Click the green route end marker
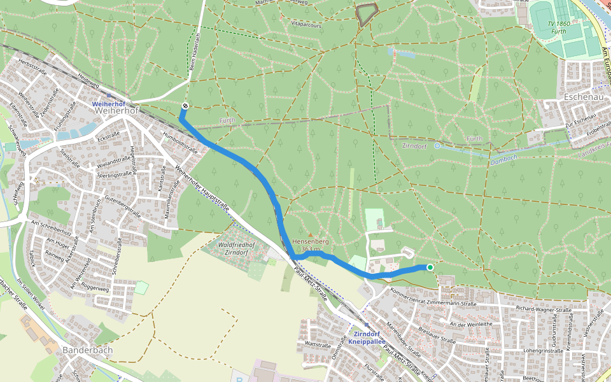pos(430,267)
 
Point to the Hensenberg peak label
pos(310,243)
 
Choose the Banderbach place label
pos(87,350)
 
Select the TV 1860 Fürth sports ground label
pos(559,27)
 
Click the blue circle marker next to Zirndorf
pos(437,146)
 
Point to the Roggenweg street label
pos(95,287)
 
